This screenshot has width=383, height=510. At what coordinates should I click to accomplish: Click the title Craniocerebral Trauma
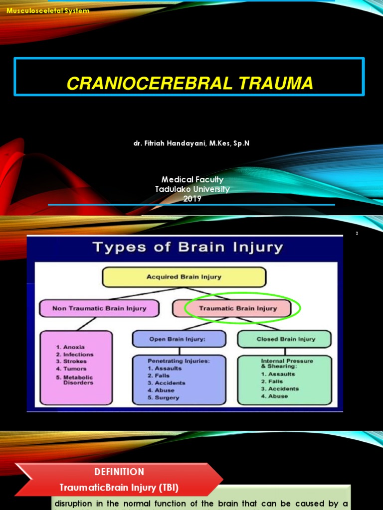[190, 83]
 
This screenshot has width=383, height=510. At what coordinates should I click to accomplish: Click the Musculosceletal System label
[48, 11]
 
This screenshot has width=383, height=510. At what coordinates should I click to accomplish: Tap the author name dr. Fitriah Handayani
[191, 143]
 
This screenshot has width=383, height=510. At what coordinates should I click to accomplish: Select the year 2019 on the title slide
[192, 198]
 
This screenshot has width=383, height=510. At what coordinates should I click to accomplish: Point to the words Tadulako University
[192, 189]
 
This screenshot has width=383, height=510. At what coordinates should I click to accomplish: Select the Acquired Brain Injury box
[184, 277]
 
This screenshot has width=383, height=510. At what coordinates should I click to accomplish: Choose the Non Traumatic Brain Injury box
[99, 308]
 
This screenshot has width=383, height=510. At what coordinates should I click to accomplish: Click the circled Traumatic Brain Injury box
[238, 308]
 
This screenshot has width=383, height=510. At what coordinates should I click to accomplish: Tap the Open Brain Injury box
[178, 339]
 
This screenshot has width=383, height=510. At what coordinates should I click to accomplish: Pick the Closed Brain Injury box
[286, 339]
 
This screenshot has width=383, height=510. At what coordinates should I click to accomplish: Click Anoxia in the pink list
[74, 347]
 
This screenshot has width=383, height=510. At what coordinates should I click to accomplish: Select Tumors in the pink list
[75, 369]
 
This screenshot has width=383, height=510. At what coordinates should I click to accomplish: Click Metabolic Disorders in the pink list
[78, 380]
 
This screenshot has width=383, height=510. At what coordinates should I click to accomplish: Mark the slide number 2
[357, 234]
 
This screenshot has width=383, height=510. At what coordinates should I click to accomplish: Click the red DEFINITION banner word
[119, 472]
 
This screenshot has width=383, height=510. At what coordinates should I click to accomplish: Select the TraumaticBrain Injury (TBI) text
[119, 487]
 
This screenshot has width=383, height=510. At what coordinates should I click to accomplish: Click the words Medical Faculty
[192, 180]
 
